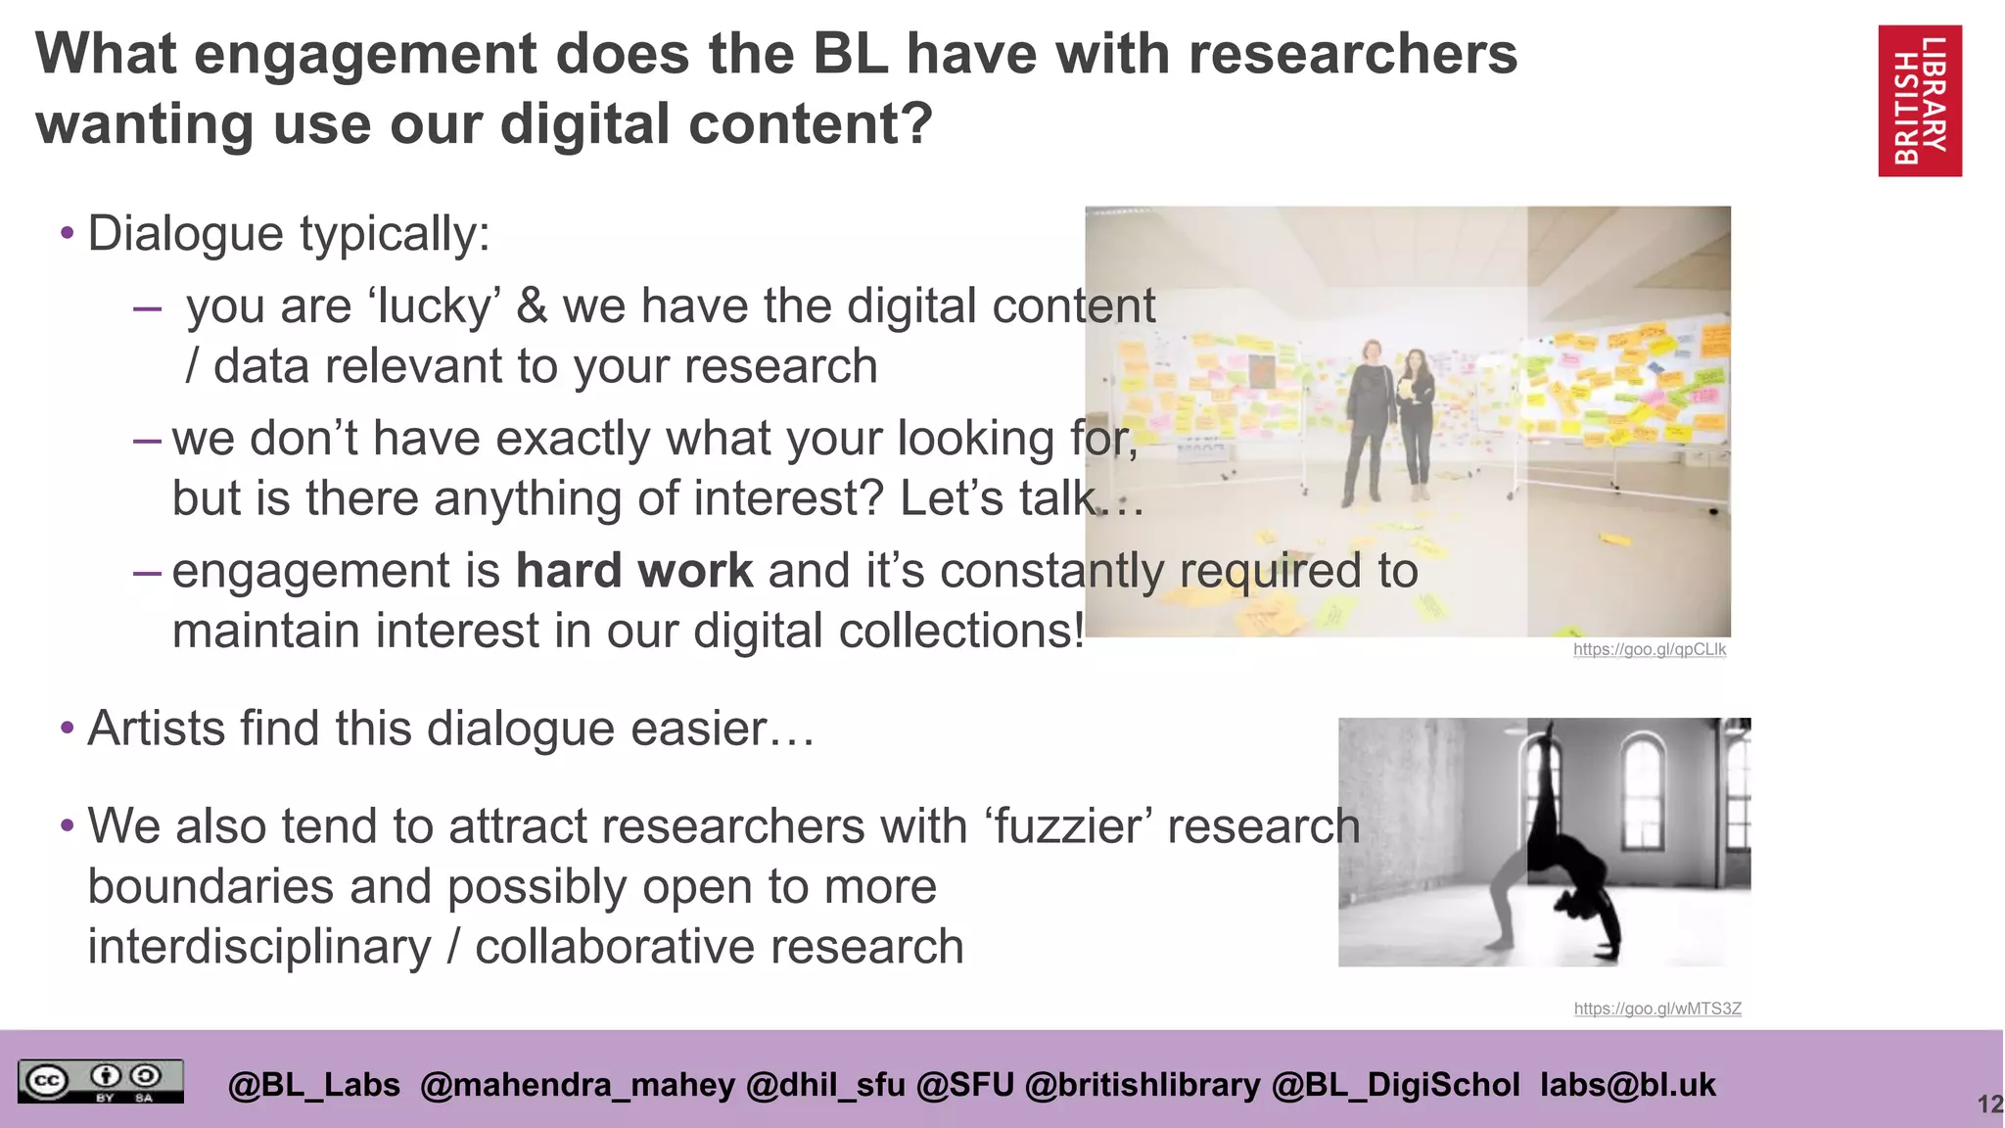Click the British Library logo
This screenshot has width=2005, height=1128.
(1919, 101)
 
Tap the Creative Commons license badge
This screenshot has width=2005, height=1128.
(100, 1081)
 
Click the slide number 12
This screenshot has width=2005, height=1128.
(1988, 1104)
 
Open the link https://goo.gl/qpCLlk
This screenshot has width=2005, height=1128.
(1650, 649)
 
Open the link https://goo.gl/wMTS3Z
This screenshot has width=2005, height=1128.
(1657, 1009)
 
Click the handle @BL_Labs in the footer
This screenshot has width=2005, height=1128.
(313, 1085)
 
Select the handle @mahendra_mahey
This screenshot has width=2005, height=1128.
(577, 1085)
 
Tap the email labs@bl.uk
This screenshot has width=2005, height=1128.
(1627, 1085)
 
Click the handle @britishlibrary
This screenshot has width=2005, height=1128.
(1142, 1085)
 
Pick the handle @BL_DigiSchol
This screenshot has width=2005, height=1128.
(1395, 1085)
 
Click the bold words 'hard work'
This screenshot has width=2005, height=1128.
(634, 571)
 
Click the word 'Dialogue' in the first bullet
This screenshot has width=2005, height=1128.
(186, 234)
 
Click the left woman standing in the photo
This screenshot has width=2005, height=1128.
(1370, 416)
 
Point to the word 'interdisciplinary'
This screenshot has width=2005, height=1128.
(259, 947)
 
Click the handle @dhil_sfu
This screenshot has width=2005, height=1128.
(825, 1085)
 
